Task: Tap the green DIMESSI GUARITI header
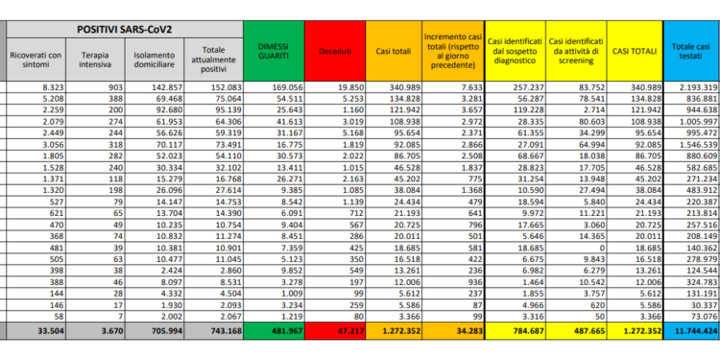click(x=272, y=53)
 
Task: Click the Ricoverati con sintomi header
click(x=36, y=60)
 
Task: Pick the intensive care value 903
click(x=112, y=86)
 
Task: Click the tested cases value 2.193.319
click(x=695, y=86)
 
